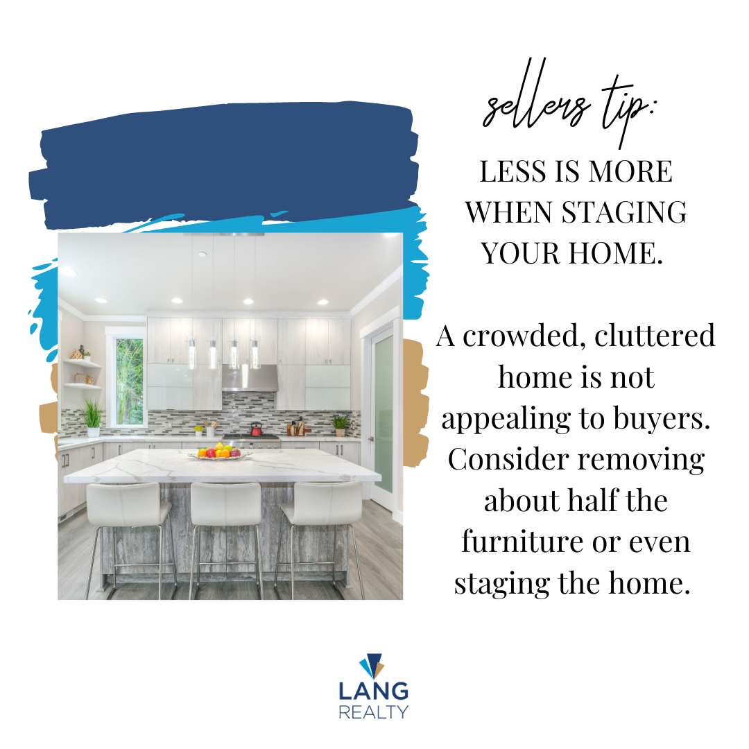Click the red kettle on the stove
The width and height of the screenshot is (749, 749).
coord(257,429)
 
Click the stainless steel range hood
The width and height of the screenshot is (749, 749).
coord(250,379)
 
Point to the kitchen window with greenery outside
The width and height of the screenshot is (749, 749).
coord(130,381)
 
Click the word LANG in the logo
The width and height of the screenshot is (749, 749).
coord(374,691)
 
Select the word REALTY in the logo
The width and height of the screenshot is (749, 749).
coord(374,712)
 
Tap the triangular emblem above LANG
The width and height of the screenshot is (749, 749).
coord(372,665)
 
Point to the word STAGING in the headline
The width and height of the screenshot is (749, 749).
coord(624,212)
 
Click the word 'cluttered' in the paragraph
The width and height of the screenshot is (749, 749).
coord(655,336)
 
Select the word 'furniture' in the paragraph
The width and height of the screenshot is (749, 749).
coord(521,542)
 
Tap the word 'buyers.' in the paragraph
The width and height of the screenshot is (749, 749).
coord(662,420)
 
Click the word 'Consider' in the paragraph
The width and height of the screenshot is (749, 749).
coord(508,459)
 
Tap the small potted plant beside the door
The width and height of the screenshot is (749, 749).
coord(340,425)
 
